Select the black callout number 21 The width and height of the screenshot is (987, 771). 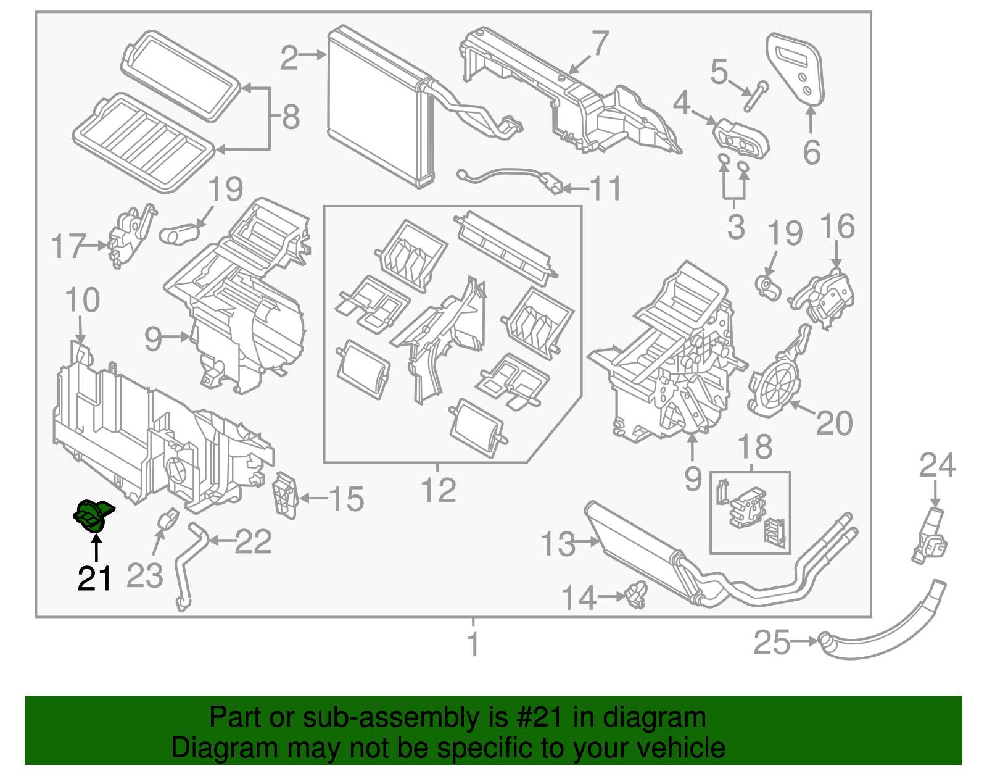pos(94,578)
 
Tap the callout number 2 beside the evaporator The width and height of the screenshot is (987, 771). pos(289,58)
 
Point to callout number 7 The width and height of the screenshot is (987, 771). pos(600,43)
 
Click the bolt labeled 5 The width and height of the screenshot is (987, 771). pos(755,96)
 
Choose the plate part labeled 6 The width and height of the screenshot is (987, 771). pos(795,69)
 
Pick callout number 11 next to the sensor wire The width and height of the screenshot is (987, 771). pos(605,188)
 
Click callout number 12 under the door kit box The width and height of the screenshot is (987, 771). pos(438,491)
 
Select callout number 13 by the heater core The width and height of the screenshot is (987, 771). pos(558,544)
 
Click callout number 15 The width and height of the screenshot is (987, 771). pos(346,499)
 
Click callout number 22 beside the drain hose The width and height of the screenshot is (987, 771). pos(254,542)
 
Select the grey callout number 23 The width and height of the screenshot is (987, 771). pos(144,575)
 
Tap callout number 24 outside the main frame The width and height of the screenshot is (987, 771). pos(937,465)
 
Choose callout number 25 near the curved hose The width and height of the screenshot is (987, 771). pos(772,643)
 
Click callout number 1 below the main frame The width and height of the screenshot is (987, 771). pos(473,644)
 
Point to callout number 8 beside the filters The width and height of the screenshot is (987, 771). pos(291,117)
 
